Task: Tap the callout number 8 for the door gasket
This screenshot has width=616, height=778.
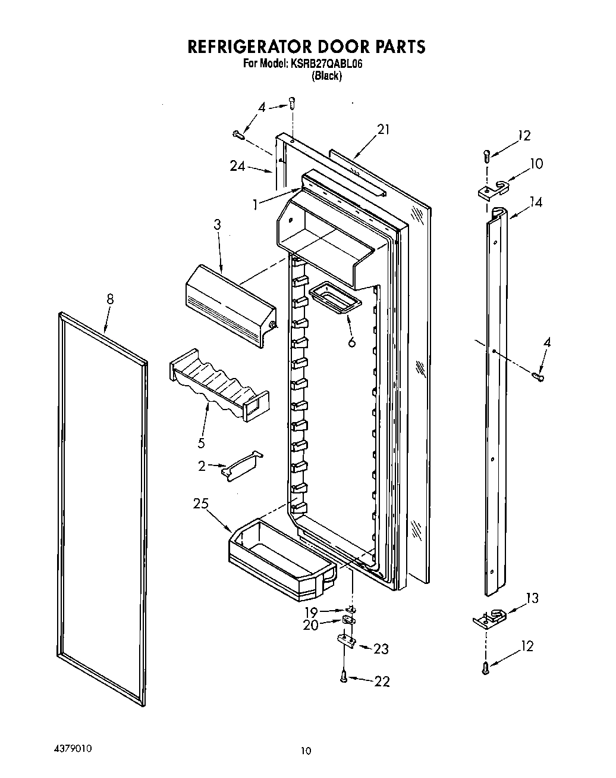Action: click(110, 299)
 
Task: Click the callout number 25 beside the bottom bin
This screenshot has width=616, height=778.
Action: click(200, 504)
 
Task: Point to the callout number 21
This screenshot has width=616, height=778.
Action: click(383, 129)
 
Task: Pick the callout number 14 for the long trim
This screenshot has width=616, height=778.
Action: click(536, 202)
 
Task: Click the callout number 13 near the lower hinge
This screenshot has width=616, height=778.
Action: click(532, 598)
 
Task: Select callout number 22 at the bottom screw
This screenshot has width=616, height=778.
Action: click(382, 682)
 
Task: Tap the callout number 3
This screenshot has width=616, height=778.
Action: click(217, 224)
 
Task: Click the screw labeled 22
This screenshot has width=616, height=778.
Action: click(344, 676)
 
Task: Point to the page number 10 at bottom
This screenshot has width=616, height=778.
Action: click(306, 751)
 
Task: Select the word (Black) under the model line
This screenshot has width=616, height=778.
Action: click(327, 76)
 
